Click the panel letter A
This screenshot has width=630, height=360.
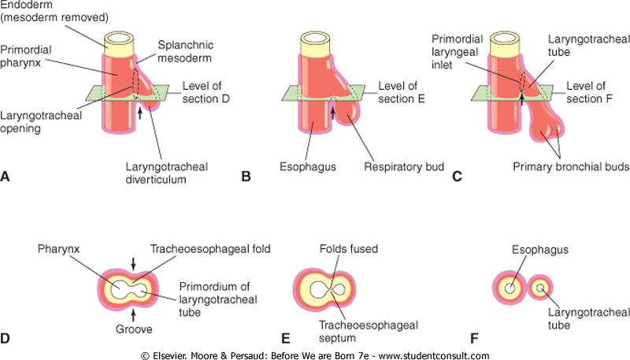click(x=6, y=178)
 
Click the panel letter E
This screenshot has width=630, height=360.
click(x=287, y=339)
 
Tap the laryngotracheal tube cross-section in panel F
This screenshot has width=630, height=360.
click(x=542, y=289)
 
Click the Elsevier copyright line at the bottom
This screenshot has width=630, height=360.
click(x=315, y=354)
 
